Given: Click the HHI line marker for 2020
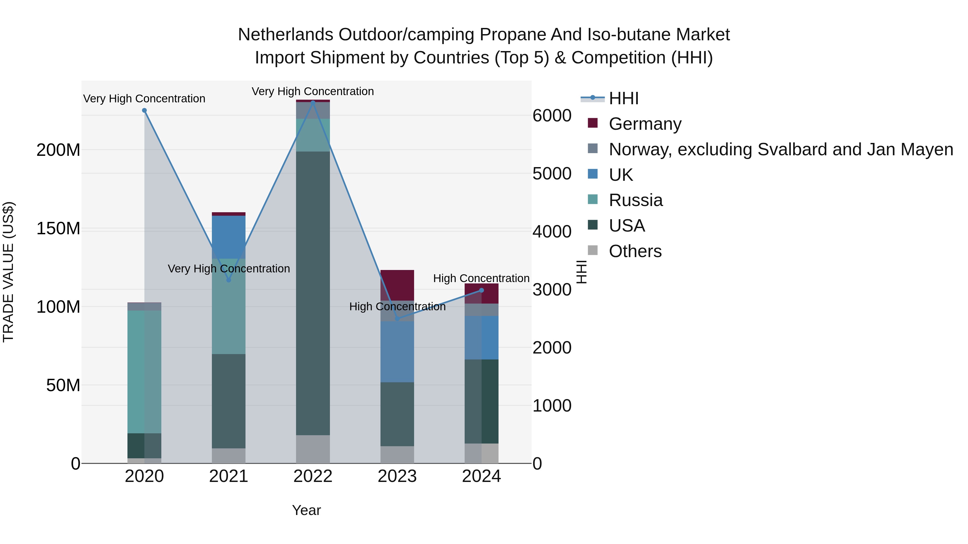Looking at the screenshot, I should pos(144,110).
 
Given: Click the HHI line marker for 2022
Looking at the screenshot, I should pos(313,102).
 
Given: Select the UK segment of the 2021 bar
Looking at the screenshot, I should pos(229,236).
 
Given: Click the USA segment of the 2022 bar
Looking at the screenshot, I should pos(313,293).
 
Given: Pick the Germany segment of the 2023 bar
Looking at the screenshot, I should pos(397,284).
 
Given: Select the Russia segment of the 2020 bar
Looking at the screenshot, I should pos(144,372).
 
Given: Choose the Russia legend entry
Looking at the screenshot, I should pos(635,200).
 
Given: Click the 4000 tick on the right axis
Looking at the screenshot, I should pos(552,232).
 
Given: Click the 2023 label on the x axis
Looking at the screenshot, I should pos(397,476).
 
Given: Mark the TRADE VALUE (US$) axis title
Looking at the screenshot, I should pos(8,272).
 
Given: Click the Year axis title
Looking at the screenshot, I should pos(306,510).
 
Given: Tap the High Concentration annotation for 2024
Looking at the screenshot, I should pos(481,278).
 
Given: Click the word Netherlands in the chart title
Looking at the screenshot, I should pos(286,35).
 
